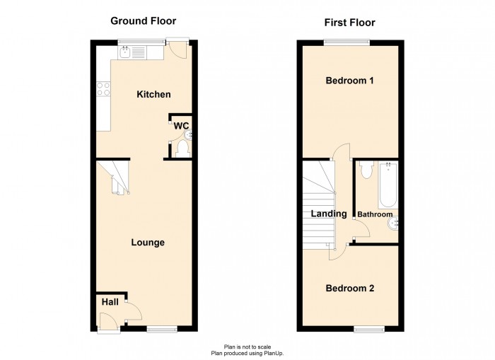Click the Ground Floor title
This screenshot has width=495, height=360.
pos(143,21)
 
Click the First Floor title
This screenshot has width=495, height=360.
pos(349,23)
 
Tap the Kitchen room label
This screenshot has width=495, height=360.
pos(153,94)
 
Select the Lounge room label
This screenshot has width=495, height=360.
pos(148,243)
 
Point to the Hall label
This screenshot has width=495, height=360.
pos(110,302)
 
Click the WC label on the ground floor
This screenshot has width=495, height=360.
pos(182,125)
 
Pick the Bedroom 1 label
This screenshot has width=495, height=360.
pos(349,81)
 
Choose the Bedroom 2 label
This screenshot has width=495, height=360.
pos(349,289)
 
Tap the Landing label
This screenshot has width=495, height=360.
pos(329,214)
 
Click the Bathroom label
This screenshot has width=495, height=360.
pos(374,214)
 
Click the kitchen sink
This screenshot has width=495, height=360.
pos(125,51)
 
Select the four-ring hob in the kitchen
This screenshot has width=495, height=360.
pos(103,89)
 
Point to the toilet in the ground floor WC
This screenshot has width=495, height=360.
pos(183,148)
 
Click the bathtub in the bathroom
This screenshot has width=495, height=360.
pos(389,183)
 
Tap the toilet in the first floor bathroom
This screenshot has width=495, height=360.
pos(365,170)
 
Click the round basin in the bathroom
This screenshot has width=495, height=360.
pos(394,226)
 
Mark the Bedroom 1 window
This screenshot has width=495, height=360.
pos(346,42)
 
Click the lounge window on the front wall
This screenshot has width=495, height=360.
pos(162,327)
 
